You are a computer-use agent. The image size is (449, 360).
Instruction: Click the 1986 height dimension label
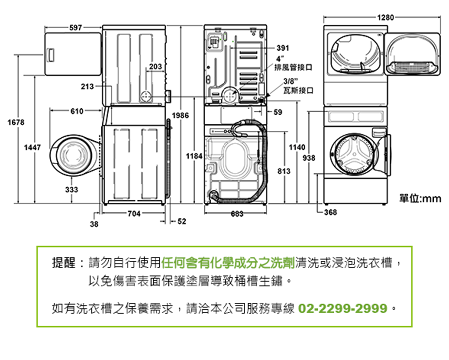(181, 116)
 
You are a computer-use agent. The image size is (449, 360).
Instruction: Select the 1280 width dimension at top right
(385, 18)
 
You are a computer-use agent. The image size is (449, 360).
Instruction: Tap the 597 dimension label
(76, 27)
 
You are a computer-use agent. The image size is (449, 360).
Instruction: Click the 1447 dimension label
(33, 147)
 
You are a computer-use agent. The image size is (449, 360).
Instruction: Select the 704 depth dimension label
(134, 213)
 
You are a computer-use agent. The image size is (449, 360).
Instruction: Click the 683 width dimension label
(237, 214)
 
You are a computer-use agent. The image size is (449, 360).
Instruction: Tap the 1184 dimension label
(194, 156)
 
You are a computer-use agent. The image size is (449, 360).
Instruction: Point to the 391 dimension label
(282, 48)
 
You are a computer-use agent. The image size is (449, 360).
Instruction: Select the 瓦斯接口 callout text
(298, 90)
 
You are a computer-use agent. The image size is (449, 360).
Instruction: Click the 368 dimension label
(330, 213)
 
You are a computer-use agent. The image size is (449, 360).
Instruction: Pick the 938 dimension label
(309, 158)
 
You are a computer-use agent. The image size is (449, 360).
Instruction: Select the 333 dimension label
(71, 189)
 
